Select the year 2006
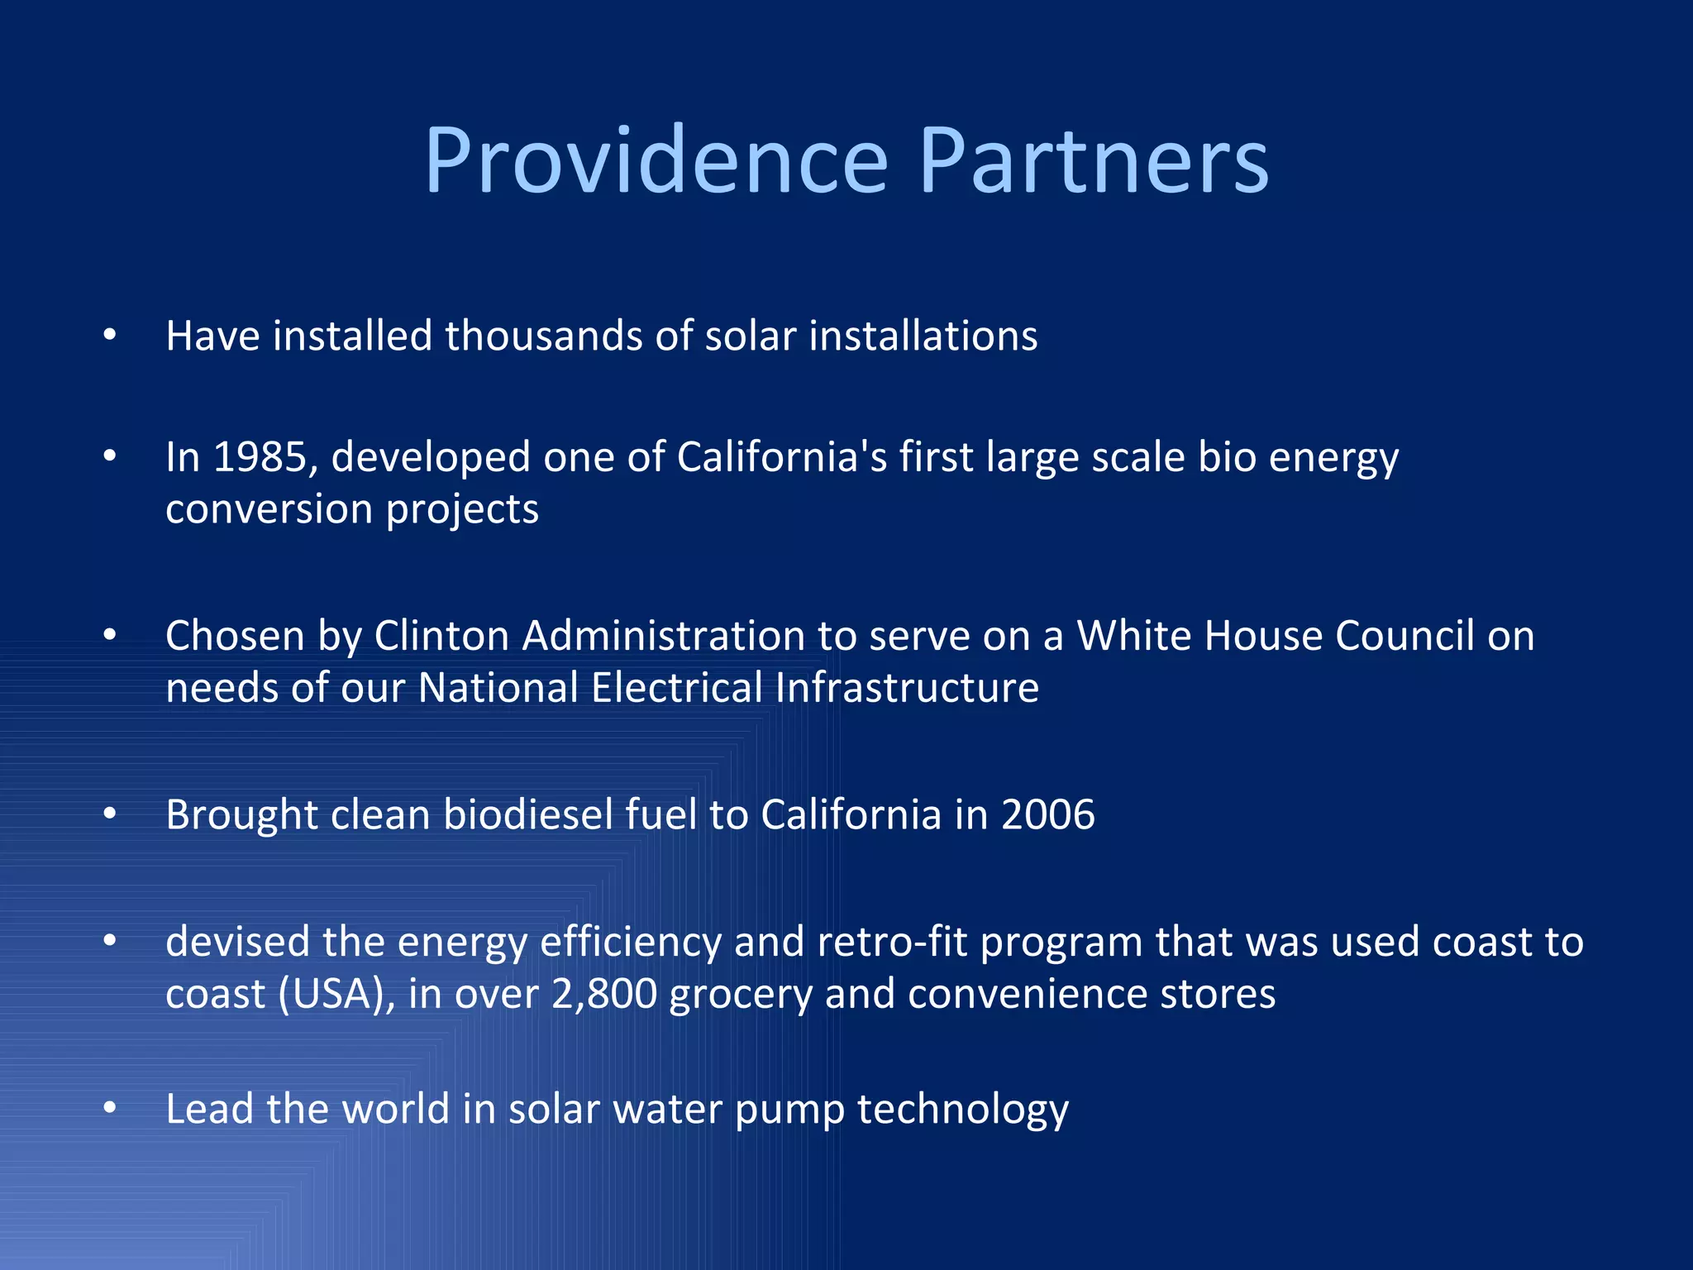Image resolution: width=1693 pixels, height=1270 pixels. pyautogui.click(x=1047, y=815)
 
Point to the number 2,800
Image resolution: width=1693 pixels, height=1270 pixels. pyautogui.click(x=603, y=994)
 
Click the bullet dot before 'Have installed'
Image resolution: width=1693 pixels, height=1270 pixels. pyautogui.click(x=110, y=335)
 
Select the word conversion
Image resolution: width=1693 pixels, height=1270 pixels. pyautogui.click(x=269, y=509)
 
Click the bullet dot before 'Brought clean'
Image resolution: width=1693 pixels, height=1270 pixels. pyautogui.click(x=110, y=814)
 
